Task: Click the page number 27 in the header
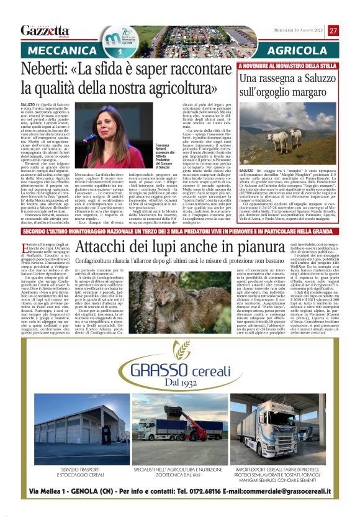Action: coord(333,30)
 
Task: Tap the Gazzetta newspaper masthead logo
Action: coord(44,30)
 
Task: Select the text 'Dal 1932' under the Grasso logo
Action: coord(180,384)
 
